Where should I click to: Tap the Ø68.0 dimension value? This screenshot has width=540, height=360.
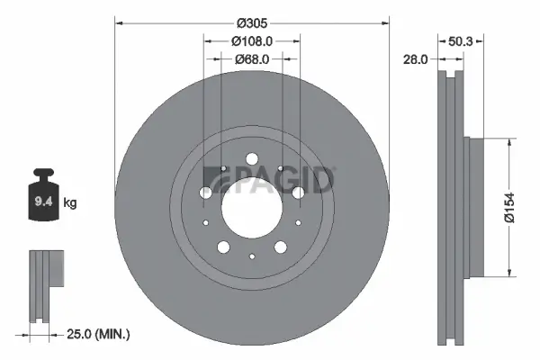pyautogui.click(x=251, y=60)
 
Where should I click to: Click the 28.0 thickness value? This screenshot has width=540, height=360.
pyautogui.click(x=416, y=59)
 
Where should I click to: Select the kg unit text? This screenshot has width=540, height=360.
pyautogui.click(x=69, y=203)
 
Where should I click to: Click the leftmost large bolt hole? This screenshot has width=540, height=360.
pyautogui.click(x=205, y=193)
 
